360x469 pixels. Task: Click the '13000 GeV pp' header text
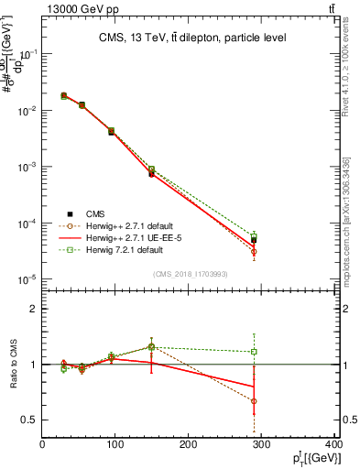[x=45, y=9]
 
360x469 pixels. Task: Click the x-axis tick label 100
[x=115, y=446]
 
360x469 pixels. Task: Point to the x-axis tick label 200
[x=189, y=446]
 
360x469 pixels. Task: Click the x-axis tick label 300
[x=262, y=446]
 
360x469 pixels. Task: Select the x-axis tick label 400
[x=333, y=446]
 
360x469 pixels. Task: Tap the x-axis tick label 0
[x=42, y=446]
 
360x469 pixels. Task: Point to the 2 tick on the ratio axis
[x=33, y=309]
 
